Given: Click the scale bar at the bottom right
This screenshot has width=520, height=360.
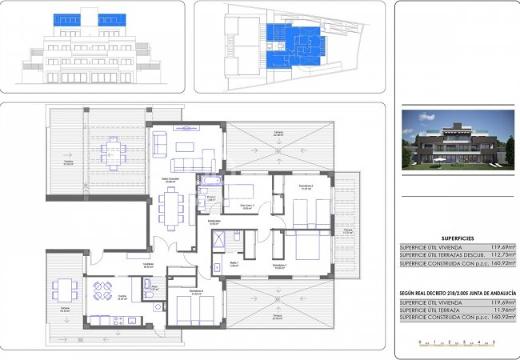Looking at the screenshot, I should pyautogui.click(x=457, y=342).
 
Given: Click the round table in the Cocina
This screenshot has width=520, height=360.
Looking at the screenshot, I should pyautogui.click(x=102, y=290).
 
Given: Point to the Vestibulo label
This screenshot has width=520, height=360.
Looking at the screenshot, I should pyautogui.click(x=148, y=265).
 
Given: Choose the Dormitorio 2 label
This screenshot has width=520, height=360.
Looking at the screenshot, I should pyautogui.click(x=306, y=187).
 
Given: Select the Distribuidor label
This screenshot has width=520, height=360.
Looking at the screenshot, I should pyautogui.click(x=214, y=222).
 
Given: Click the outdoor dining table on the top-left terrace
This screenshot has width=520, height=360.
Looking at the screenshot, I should pyautogui.click(x=114, y=150).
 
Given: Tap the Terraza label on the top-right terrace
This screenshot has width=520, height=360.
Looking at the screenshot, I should pyautogui.click(x=278, y=132).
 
